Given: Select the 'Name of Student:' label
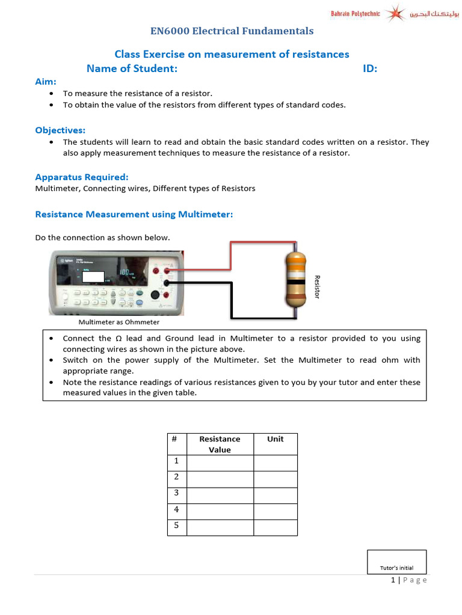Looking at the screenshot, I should pyautogui.click(x=132, y=68).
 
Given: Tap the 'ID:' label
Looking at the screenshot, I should pyautogui.click(x=370, y=68).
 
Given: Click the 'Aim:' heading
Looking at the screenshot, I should pyautogui.click(x=46, y=81).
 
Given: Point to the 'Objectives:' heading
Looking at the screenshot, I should pyautogui.click(x=60, y=130).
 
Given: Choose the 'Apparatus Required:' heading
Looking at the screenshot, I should pyautogui.click(x=82, y=177).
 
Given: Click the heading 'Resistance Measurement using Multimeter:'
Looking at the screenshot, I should pyautogui.click(x=134, y=214).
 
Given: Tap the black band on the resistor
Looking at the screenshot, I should pyautogui.click(x=295, y=281).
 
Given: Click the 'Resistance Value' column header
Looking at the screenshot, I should pyautogui.click(x=220, y=444).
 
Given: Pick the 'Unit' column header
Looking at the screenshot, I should pyautogui.click(x=275, y=439).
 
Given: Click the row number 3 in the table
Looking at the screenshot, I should pyautogui.click(x=176, y=493).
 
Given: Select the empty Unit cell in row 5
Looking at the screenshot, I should pyautogui.click(x=275, y=527).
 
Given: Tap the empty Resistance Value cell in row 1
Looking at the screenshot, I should pyautogui.click(x=220, y=462).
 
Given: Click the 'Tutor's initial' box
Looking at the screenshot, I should pyautogui.click(x=396, y=562).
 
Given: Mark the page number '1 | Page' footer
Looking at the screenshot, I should pyautogui.click(x=408, y=580).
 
